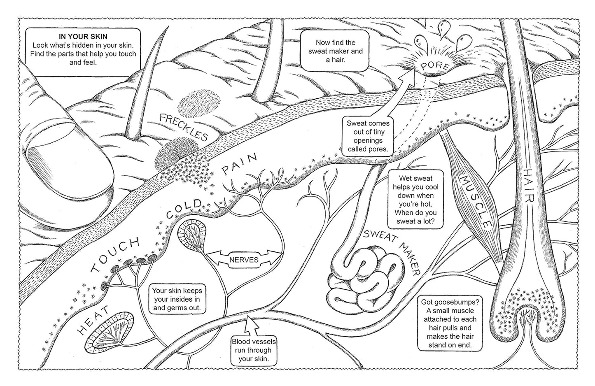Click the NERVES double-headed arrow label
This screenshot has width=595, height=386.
(x=244, y=260)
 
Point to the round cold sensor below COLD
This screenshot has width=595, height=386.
(x=192, y=234)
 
